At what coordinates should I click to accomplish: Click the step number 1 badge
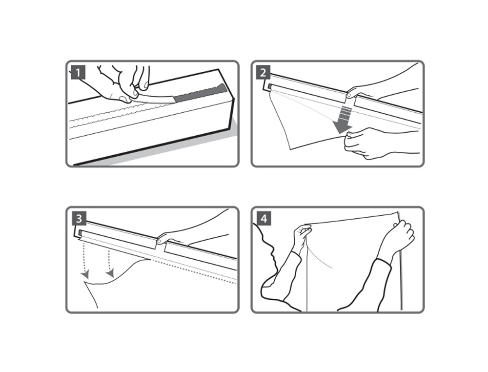[78, 73]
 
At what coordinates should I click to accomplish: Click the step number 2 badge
[264, 73]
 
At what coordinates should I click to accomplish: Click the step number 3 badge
[79, 218]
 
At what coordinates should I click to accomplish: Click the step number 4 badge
[264, 218]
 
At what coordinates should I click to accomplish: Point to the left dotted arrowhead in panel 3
[84, 274]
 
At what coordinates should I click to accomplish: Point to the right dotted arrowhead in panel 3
[110, 273]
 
